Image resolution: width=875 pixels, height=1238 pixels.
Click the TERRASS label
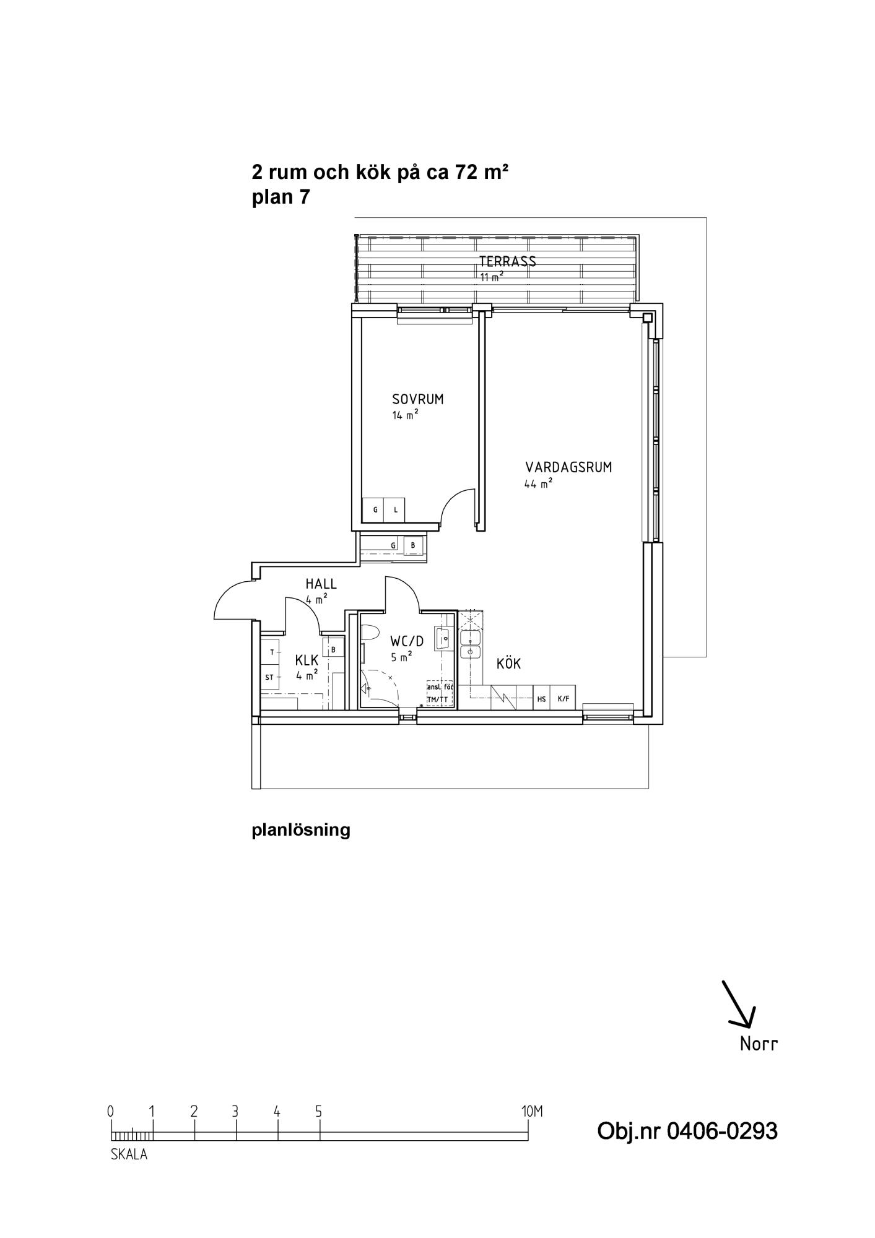(x=507, y=261)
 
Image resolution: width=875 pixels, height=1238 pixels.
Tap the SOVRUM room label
(x=417, y=399)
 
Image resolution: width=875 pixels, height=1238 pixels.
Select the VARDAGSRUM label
(x=568, y=467)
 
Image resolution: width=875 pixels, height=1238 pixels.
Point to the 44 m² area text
(x=538, y=484)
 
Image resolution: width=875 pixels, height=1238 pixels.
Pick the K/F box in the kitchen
(x=564, y=699)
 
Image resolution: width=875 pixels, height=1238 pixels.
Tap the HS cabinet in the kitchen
(x=542, y=699)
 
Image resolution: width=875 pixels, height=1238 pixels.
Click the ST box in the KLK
(x=270, y=677)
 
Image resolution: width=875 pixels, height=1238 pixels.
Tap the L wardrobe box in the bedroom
(x=395, y=510)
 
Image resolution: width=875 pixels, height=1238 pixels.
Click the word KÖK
(x=508, y=664)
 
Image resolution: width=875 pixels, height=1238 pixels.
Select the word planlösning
(x=301, y=829)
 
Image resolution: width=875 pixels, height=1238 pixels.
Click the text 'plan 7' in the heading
(x=281, y=197)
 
